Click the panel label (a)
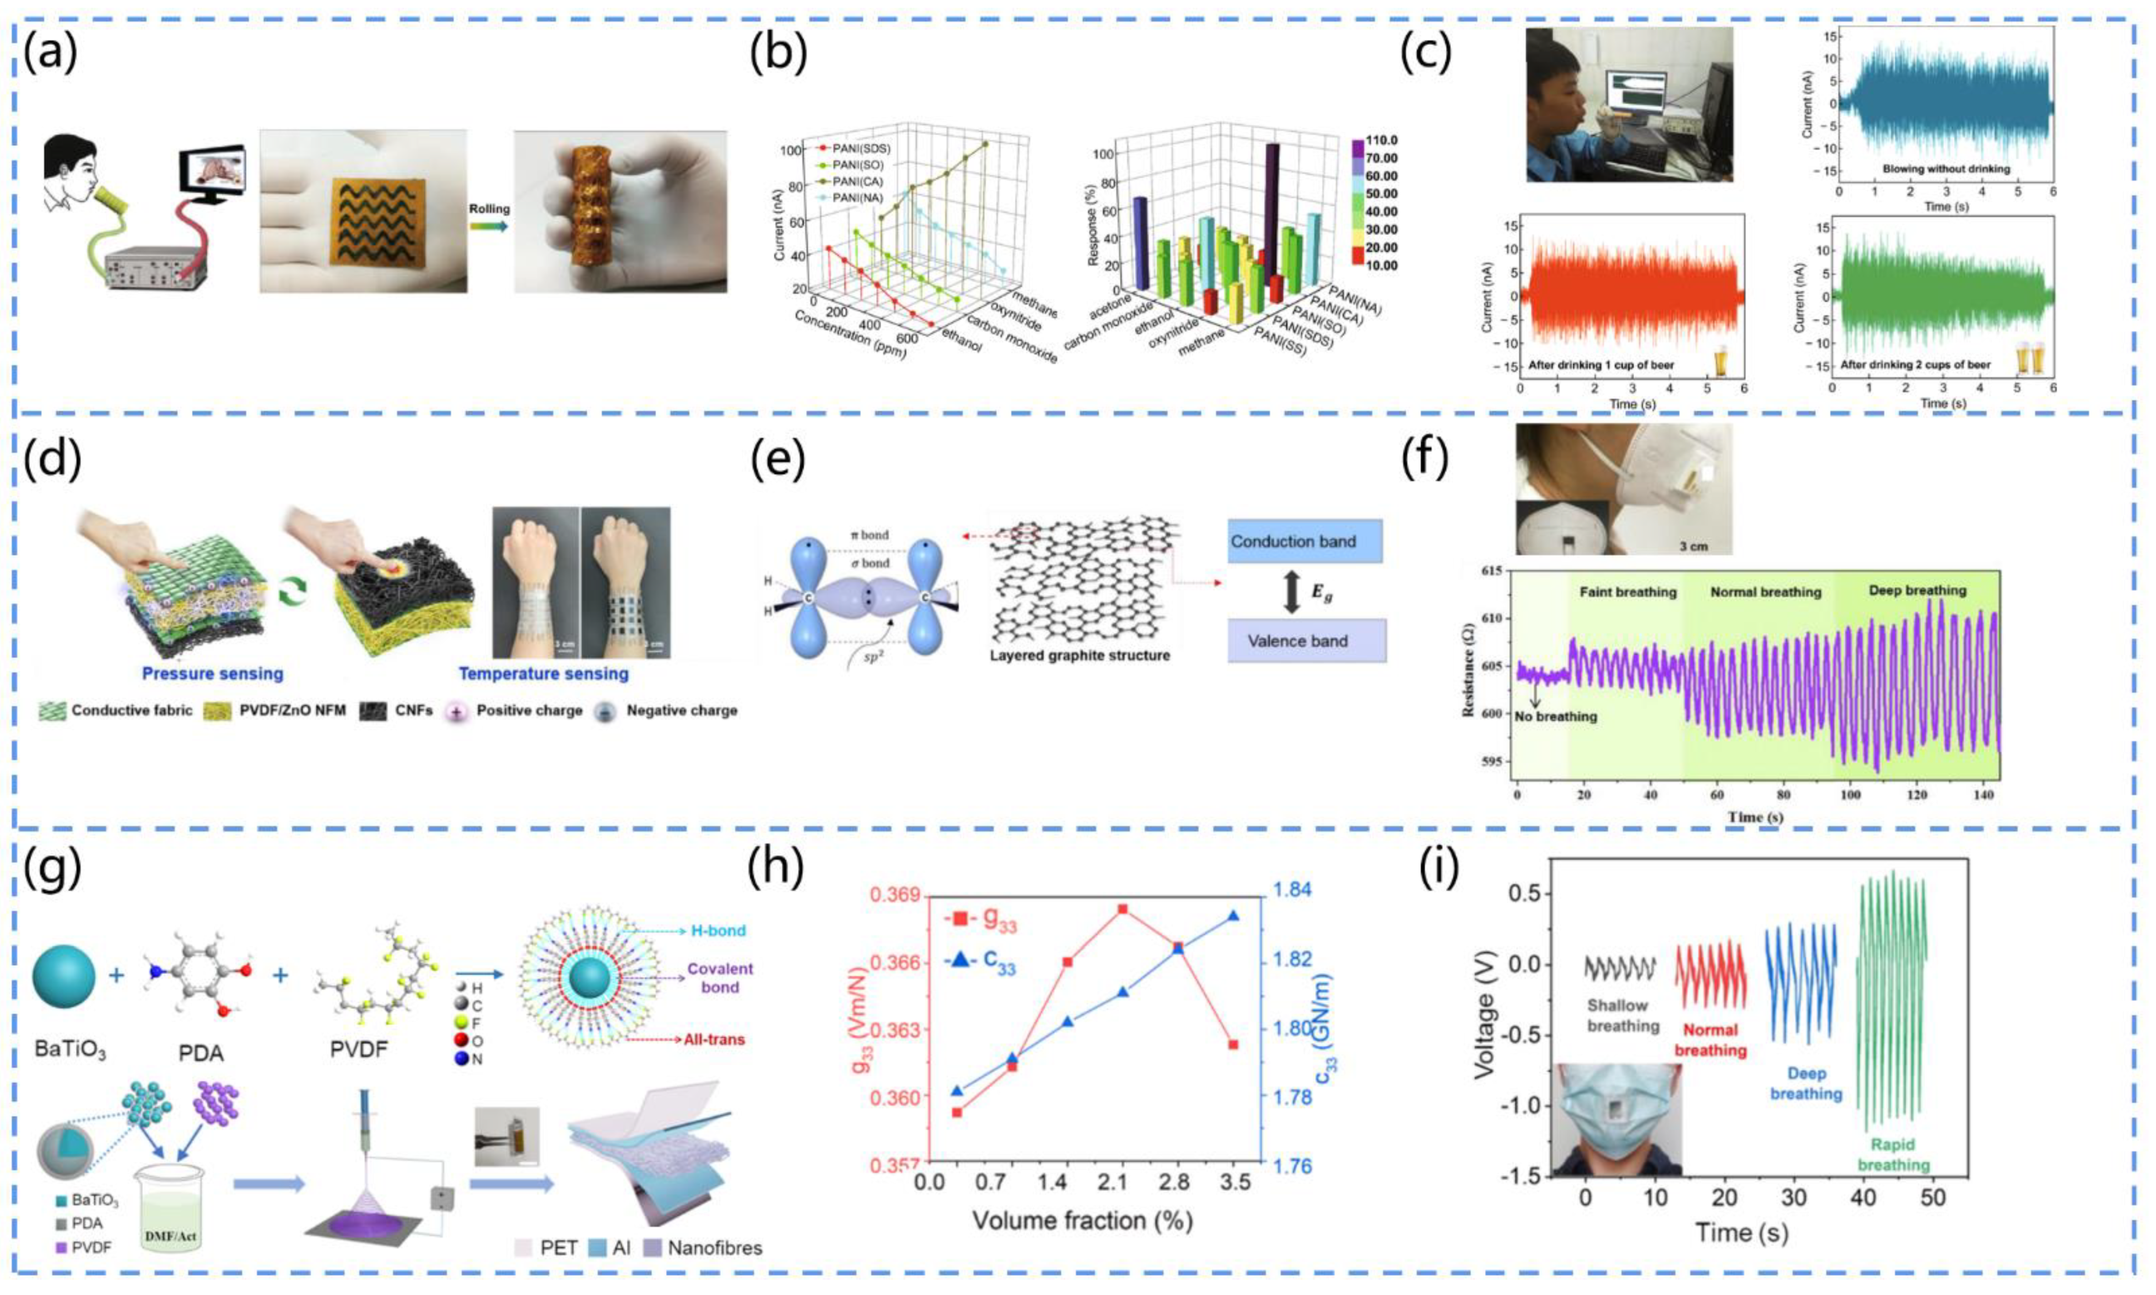pyautogui.click(x=50, y=52)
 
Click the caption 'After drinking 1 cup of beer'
pyautogui.click(x=1601, y=364)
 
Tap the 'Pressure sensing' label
pyautogui.click(x=212, y=674)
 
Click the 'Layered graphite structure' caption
pyautogui.click(x=1079, y=655)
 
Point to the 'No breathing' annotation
pyautogui.click(x=1556, y=717)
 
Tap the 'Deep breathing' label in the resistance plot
pyautogui.click(x=1917, y=591)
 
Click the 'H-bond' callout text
pyautogui.click(x=717, y=931)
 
